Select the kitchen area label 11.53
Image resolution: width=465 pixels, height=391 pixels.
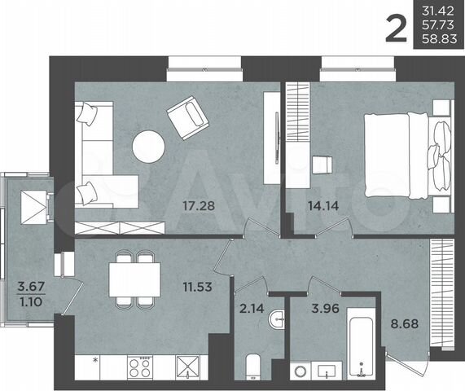198,286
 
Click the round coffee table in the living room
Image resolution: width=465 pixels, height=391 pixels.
149,147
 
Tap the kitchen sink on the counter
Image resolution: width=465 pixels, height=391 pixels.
187,367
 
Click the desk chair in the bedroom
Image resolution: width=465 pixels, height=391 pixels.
322,164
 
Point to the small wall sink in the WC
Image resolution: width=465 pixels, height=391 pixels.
279,320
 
